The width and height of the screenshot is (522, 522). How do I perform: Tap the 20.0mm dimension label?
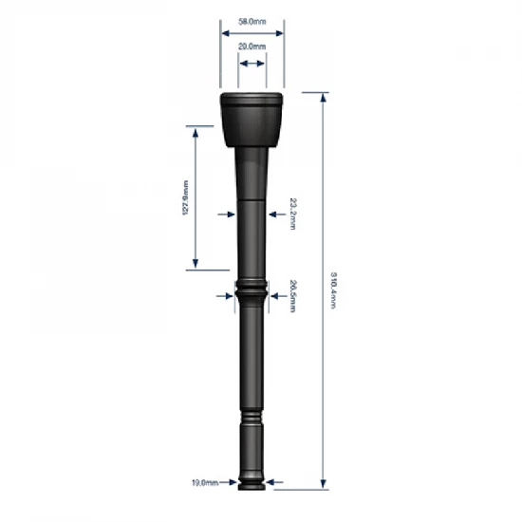coord(252,46)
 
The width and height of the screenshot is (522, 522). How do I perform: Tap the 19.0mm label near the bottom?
coord(204,482)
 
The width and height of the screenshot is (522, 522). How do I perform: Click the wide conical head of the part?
coord(252,119)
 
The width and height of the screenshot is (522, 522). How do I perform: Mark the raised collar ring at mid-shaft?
coord(252,286)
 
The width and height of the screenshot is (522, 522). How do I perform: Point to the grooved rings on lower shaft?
coord(252,419)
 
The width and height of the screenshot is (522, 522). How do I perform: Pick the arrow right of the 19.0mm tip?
coord(276,482)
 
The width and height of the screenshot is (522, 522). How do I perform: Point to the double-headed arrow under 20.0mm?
coord(252,64)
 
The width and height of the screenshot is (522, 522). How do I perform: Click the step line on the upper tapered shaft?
coord(252,200)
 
